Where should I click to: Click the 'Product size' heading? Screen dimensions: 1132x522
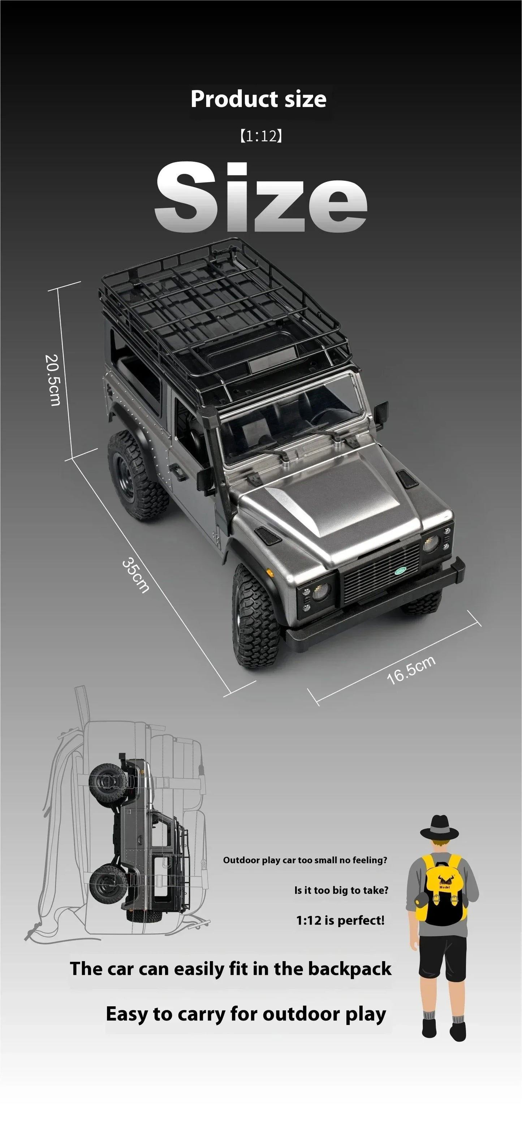(258, 99)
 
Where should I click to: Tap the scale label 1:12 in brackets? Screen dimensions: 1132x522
(260, 136)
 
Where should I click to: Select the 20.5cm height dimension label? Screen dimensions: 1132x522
(52, 380)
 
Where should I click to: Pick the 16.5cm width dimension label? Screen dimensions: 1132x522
(411, 670)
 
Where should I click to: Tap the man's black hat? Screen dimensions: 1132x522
(439, 828)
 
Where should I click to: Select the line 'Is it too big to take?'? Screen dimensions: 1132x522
(341, 890)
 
